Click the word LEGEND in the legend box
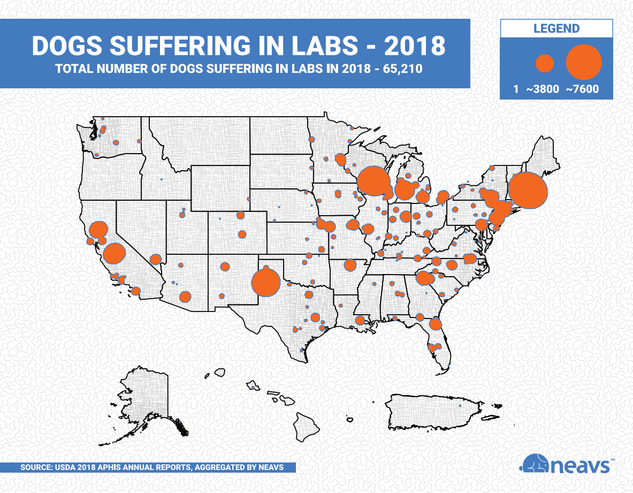[x=556, y=28]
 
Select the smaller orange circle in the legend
[x=545, y=64]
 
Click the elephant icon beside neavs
[x=535, y=464]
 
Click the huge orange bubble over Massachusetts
[x=528, y=191]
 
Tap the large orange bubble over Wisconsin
[x=373, y=181]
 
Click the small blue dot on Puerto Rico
[x=459, y=405]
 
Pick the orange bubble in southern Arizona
[x=185, y=297]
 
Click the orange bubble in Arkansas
[x=350, y=265]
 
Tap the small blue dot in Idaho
[x=161, y=179]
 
